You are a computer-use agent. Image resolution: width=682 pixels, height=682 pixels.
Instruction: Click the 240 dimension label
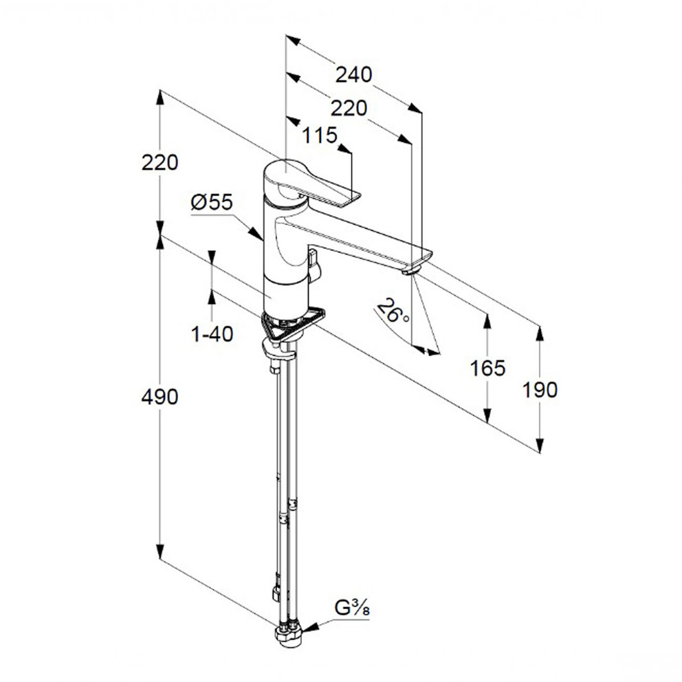click(353, 75)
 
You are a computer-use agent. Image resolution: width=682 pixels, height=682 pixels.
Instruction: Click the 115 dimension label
click(320, 135)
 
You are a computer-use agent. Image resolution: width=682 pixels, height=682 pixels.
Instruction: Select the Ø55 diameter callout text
click(212, 202)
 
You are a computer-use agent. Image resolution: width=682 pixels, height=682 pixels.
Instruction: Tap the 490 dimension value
click(159, 397)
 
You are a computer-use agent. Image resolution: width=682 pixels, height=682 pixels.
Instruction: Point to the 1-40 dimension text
click(212, 334)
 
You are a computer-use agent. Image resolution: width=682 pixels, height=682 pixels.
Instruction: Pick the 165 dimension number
click(487, 368)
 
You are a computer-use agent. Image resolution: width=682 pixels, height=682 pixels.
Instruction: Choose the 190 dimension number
click(540, 390)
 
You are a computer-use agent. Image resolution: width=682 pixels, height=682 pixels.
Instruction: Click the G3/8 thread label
click(352, 608)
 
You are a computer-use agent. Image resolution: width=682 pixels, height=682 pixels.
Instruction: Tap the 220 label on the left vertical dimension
click(159, 163)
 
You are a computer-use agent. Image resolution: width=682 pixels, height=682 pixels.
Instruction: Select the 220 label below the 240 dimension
click(349, 108)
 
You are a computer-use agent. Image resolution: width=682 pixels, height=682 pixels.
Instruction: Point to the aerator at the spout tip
click(411, 272)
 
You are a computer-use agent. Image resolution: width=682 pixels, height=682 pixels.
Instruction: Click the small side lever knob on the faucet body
click(314, 265)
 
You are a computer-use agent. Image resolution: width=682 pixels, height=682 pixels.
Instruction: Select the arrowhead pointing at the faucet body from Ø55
click(256, 232)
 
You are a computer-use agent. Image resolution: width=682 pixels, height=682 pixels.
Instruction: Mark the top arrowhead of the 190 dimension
click(540, 333)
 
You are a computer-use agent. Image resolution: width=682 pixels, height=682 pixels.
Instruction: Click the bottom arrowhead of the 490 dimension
click(160, 551)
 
